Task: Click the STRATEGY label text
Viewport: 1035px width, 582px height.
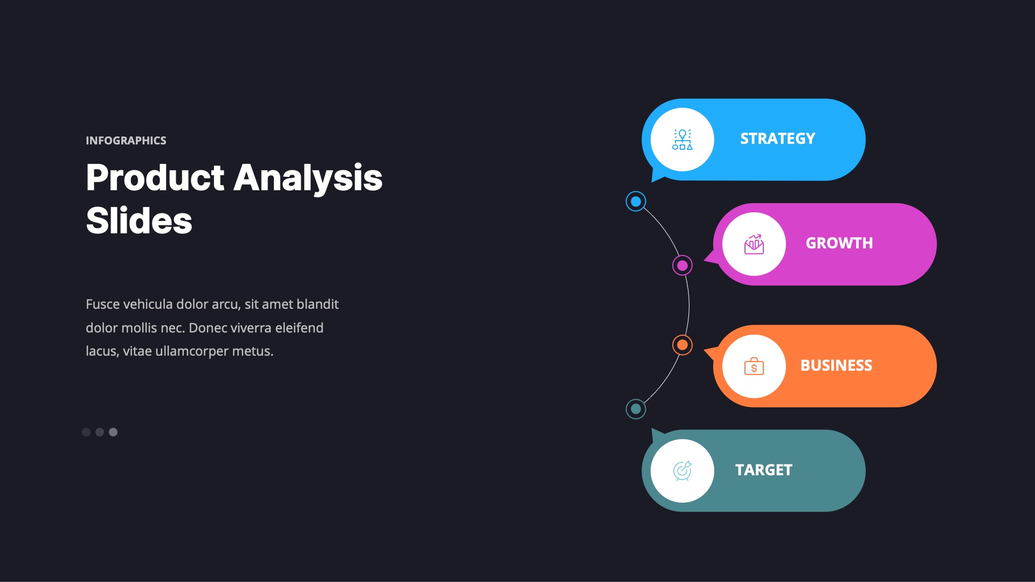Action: [777, 139]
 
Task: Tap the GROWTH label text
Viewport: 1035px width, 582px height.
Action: [839, 244]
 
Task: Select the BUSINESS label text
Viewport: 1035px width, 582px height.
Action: [836, 365]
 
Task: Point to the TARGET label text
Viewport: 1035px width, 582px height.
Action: [764, 470]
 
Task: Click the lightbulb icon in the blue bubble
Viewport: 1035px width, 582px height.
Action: [682, 140]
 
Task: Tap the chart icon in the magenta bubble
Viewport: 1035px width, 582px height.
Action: [754, 244]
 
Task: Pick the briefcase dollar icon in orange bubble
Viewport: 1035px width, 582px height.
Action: [754, 366]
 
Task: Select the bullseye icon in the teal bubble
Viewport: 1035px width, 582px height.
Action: [682, 471]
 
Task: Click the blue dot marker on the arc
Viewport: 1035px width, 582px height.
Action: [636, 202]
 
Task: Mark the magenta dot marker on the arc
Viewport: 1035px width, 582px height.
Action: [682, 265]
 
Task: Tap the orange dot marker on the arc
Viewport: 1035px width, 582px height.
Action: [682, 345]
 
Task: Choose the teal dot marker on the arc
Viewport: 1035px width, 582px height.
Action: [636, 409]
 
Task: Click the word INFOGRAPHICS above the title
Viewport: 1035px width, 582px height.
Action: [126, 141]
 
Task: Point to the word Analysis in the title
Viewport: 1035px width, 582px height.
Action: [308, 178]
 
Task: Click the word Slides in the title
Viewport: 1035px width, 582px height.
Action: [139, 220]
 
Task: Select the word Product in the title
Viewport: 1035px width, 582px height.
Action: [155, 178]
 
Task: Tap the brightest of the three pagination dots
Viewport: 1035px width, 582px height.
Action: [113, 432]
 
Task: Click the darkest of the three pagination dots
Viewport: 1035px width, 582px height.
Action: [86, 432]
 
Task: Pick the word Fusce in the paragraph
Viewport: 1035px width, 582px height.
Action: [103, 304]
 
